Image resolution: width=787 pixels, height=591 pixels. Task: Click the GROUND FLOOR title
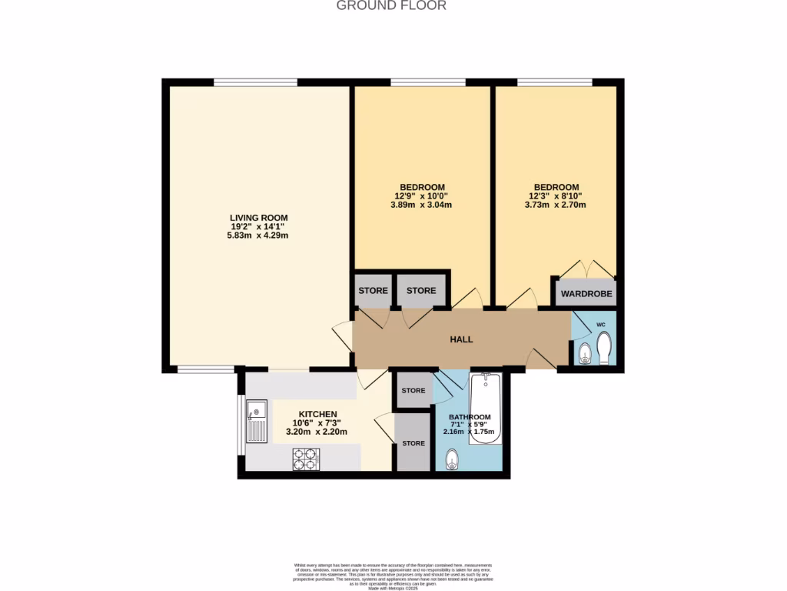391,5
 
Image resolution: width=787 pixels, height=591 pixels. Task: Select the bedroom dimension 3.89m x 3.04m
422,205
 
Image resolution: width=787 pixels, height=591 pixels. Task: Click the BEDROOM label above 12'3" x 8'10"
556,187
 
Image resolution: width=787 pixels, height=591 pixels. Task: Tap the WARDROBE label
585,294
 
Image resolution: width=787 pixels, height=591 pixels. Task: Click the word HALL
461,339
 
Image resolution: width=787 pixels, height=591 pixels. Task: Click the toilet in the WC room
604,349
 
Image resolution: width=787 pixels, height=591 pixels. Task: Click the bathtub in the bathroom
486,408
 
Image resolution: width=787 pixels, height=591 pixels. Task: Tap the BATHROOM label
470,418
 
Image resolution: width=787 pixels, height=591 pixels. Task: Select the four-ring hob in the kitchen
305,459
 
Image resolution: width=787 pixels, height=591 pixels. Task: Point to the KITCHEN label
318,414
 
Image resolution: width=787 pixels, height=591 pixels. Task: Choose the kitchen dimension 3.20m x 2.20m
317,432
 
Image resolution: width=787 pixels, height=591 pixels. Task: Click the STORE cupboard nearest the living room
373,291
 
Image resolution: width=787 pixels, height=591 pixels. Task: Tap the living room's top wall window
255,82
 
